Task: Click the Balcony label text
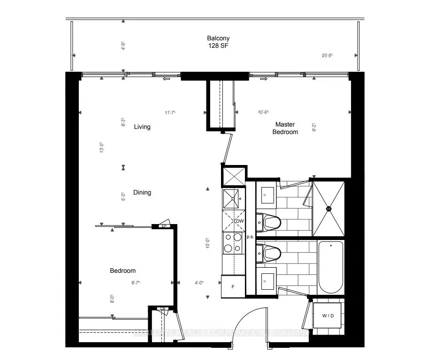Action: coord(219,38)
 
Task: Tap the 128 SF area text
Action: coord(219,46)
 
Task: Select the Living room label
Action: coord(142,127)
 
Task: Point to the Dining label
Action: coord(142,193)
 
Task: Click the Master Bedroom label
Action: coord(286,128)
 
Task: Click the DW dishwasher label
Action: coord(239,221)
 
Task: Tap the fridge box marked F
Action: coord(233,286)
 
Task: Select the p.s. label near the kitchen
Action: coord(250,237)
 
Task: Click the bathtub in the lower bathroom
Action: coord(330,267)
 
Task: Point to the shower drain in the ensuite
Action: coord(328,209)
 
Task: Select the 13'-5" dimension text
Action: coord(101,148)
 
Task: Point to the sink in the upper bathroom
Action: coord(267,195)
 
